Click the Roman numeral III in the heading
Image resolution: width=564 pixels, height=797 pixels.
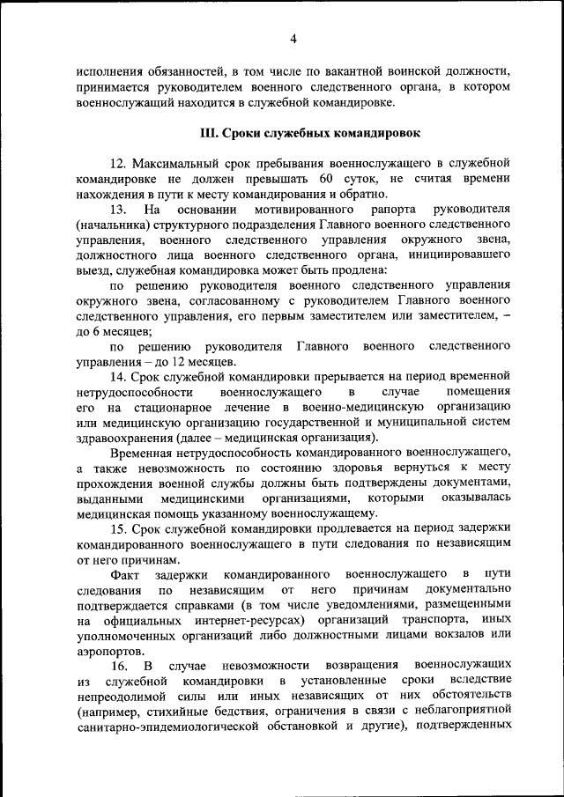click(x=210, y=134)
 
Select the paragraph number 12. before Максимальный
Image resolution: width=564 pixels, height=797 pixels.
click(x=119, y=165)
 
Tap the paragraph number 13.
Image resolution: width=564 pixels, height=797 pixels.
click(x=119, y=210)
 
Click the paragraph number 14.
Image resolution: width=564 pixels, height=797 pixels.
click(x=119, y=377)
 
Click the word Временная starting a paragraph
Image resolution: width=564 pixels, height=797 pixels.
click(x=139, y=453)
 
